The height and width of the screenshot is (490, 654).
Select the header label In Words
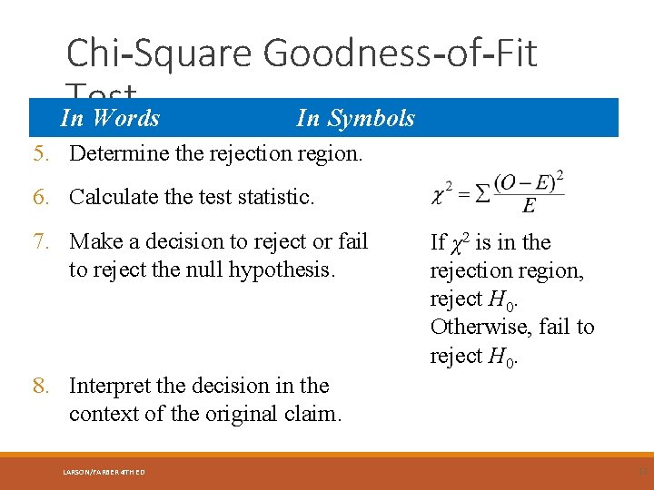[x=110, y=118]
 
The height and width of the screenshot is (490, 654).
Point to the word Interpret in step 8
[x=109, y=386]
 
